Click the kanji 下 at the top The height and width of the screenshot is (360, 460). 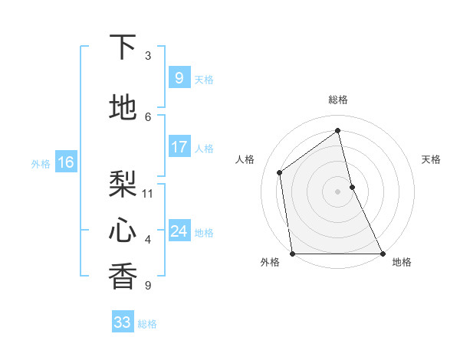[x=123, y=47]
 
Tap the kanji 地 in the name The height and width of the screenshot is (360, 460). [x=123, y=108]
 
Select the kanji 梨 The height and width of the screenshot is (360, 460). [x=123, y=184]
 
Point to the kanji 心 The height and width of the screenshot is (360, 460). [x=123, y=229]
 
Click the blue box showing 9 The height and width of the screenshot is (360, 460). [x=179, y=77]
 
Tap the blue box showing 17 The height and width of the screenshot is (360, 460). [x=179, y=146]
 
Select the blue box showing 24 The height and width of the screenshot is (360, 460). [x=179, y=231]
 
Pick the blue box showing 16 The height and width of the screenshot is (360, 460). [x=65, y=162]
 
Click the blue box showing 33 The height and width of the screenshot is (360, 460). [x=123, y=322]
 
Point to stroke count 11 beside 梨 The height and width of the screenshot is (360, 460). [x=148, y=193]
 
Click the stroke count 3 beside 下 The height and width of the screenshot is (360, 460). [x=148, y=55]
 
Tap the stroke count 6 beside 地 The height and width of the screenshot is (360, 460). [x=148, y=116]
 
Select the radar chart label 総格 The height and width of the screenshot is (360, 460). [x=338, y=100]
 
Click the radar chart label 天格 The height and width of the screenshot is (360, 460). [x=432, y=159]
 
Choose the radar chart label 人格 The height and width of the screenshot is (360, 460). [x=245, y=159]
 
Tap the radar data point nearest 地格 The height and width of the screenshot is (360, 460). [x=382, y=254]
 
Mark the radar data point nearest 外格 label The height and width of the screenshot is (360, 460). [x=293, y=254]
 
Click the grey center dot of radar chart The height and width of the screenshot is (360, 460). [x=338, y=191]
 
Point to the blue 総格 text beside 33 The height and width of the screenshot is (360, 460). [x=147, y=324]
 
